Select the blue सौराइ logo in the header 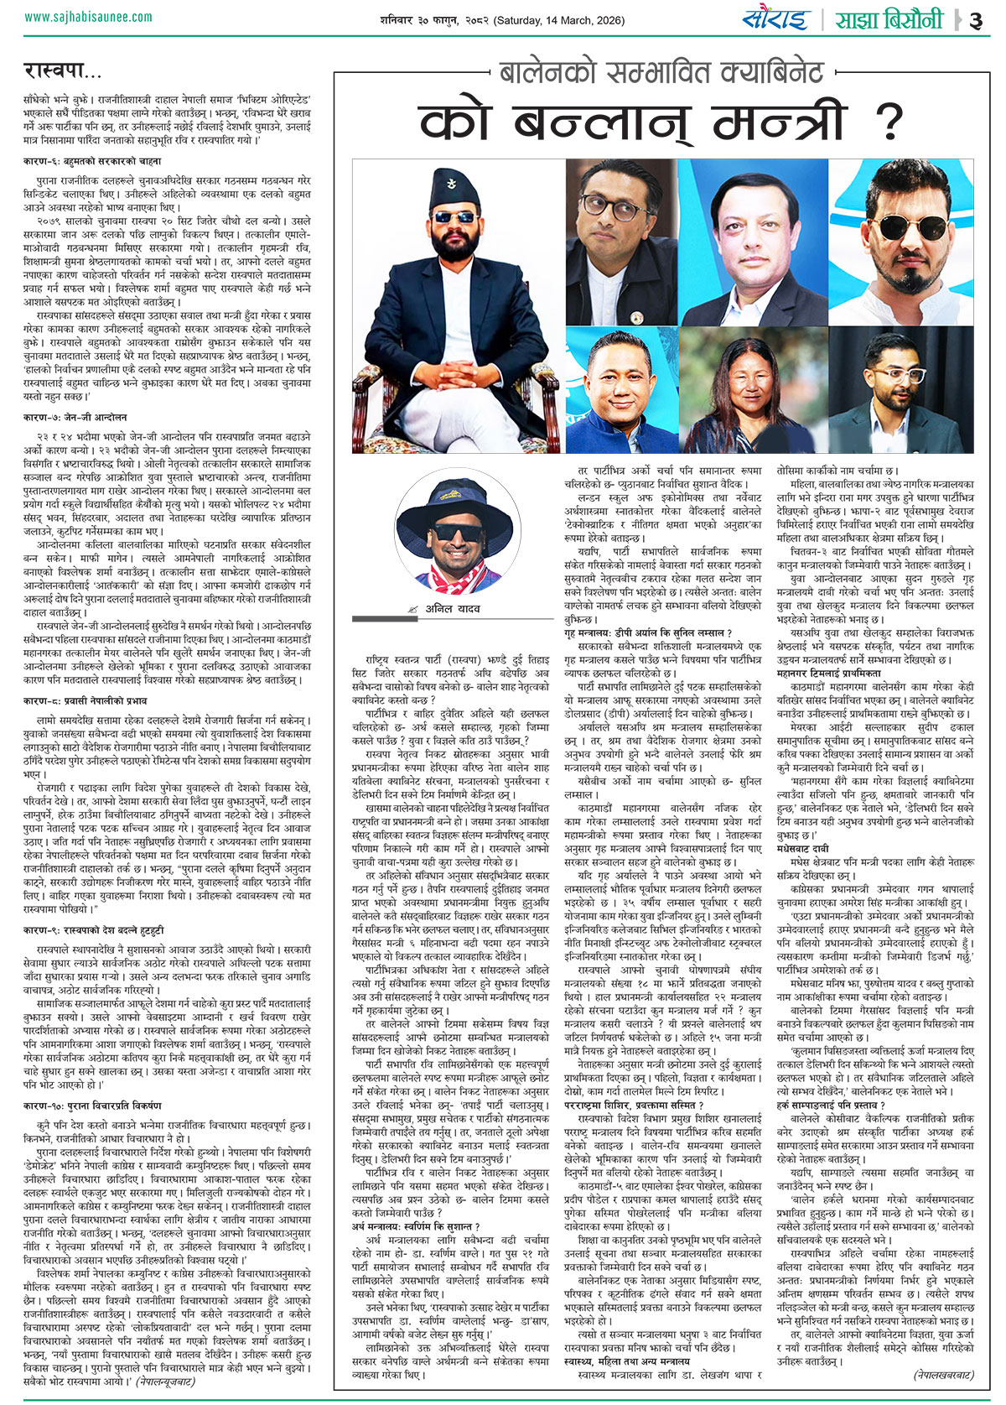tap(775, 18)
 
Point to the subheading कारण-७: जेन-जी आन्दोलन tap(75, 417)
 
